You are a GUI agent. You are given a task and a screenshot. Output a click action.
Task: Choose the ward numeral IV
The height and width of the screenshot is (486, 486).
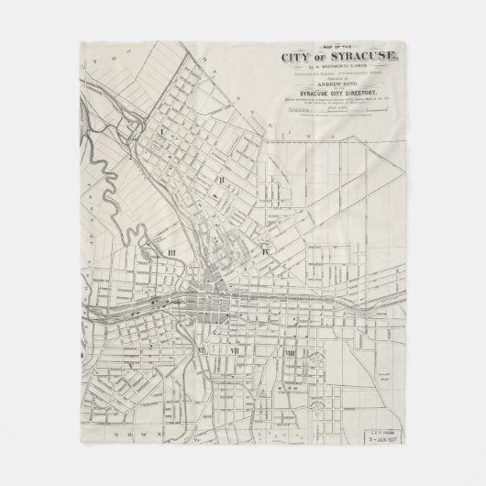[x=265, y=249]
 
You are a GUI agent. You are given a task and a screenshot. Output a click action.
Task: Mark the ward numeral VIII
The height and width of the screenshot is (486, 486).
[x=290, y=353]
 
